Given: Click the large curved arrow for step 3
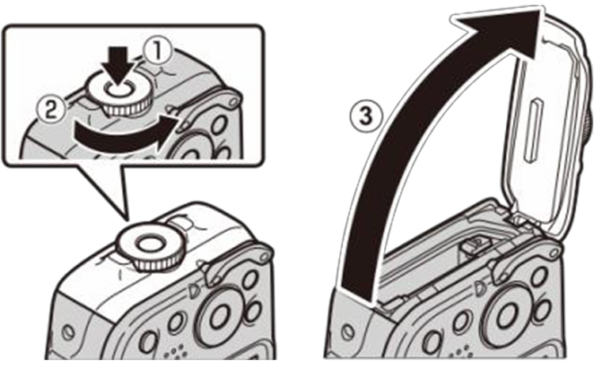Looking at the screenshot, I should [412, 142].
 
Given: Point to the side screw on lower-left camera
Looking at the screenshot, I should [68, 327].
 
